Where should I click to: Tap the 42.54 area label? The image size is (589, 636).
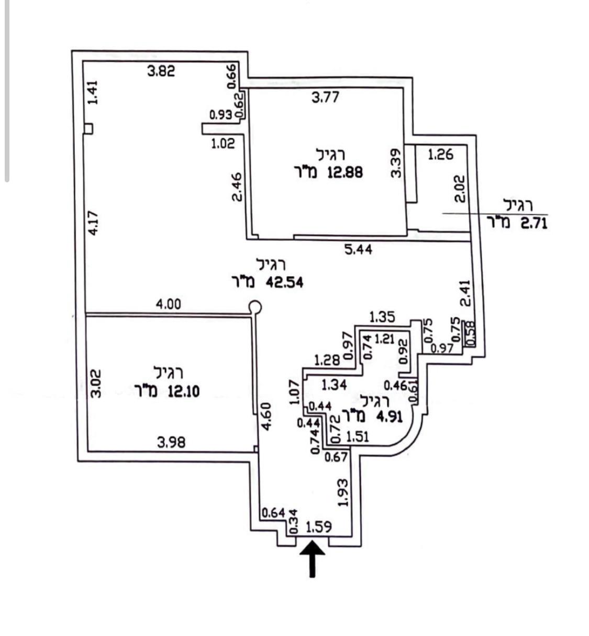(x=285, y=282)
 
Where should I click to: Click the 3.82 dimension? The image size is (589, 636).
(x=161, y=71)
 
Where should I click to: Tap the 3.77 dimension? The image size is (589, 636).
(x=326, y=97)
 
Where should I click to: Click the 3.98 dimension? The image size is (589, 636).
(x=171, y=443)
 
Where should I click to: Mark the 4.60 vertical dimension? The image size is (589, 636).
(x=266, y=417)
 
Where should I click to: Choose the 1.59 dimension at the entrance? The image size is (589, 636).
(x=318, y=526)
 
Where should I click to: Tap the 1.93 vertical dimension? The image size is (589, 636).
(x=343, y=492)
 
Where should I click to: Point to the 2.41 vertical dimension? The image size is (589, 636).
(x=465, y=293)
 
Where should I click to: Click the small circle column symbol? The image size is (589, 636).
(x=255, y=307)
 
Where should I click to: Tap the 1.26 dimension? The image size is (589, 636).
(x=440, y=155)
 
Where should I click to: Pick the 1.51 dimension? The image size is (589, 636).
(x=358, y=436)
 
